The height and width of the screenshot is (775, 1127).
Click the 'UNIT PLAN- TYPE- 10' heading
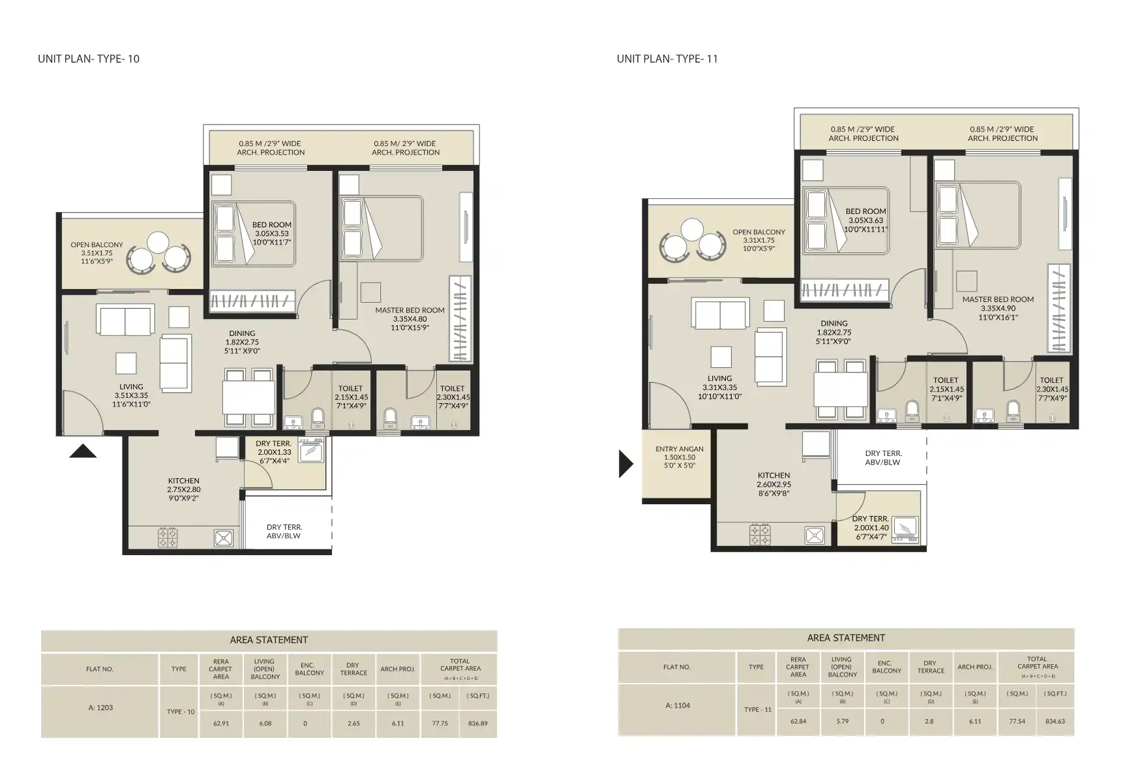[89, 59]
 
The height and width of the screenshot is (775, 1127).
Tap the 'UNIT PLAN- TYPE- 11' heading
[667, 59]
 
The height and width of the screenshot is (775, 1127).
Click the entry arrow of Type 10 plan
[83, 451]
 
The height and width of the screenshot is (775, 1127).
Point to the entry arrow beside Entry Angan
[625, 464]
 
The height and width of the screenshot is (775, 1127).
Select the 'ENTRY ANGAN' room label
[679, 457]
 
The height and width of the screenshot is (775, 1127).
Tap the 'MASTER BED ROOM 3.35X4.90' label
[998, 308]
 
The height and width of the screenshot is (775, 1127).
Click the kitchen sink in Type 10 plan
[224, 538]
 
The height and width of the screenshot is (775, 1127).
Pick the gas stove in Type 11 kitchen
[759, 534]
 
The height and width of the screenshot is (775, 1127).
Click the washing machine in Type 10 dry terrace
[311, 450]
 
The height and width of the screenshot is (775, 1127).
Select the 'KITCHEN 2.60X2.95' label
[774, 484]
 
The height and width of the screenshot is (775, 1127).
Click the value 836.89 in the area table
[477, 723]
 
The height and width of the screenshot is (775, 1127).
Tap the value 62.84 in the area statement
[798, 722]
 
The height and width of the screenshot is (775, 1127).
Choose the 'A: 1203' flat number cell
[100, 707]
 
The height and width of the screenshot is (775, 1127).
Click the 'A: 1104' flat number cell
[678, 705]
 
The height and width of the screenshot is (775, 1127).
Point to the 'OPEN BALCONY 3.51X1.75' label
[97, 252]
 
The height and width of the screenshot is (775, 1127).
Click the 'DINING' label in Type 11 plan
[834, 324]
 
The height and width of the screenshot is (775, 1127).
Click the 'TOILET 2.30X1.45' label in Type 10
[452, 397]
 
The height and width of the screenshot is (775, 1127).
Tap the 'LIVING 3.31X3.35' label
[719, 387]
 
